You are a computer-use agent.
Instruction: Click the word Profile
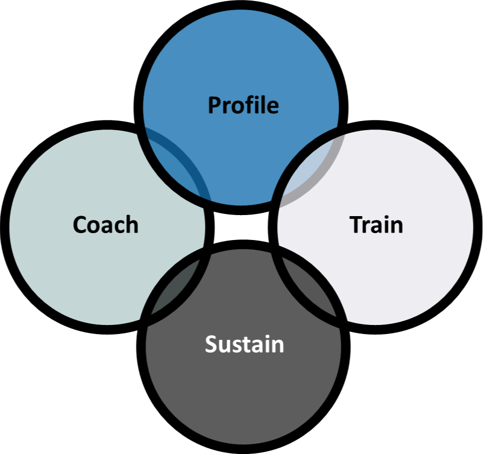[243, 105]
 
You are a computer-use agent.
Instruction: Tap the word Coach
[106, 225]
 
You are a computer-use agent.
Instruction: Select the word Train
[376, 225]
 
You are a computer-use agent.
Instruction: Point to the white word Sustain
[245, 345]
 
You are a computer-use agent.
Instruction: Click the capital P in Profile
[213, 105]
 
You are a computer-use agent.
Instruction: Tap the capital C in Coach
[79, 225]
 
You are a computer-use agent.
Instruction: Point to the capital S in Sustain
[211, 345]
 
